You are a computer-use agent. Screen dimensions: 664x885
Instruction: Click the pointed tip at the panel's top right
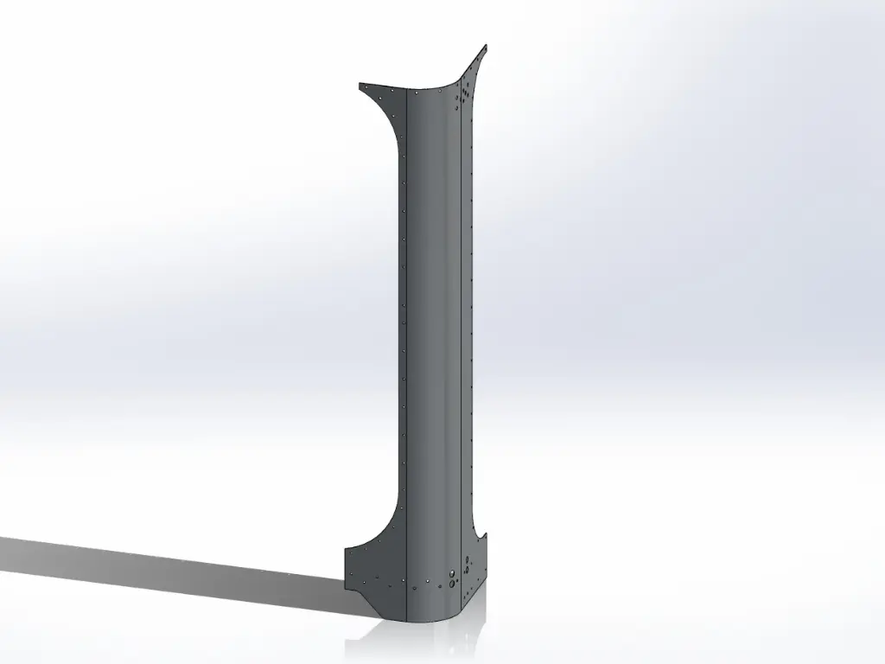click(x=486, y=45)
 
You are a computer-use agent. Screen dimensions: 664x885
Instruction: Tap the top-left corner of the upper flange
click(x=360, y=84)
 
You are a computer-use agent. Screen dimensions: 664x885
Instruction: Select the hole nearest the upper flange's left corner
click(x=365, y=86)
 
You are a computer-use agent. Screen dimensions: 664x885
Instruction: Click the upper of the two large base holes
click(x=452, y=573)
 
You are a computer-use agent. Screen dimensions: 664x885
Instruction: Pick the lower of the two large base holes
click(x=451, y=584)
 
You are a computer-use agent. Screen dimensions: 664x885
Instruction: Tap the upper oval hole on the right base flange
click(x=468, y=560)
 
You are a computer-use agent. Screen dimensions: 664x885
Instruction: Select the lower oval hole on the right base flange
click(x=467, y=570)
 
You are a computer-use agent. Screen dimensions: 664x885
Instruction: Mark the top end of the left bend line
click(x=407, y=91)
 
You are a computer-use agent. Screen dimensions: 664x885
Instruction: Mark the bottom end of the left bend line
click(x=407, y=620)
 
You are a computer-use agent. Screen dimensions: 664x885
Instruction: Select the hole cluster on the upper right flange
click(x=466, y=92)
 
